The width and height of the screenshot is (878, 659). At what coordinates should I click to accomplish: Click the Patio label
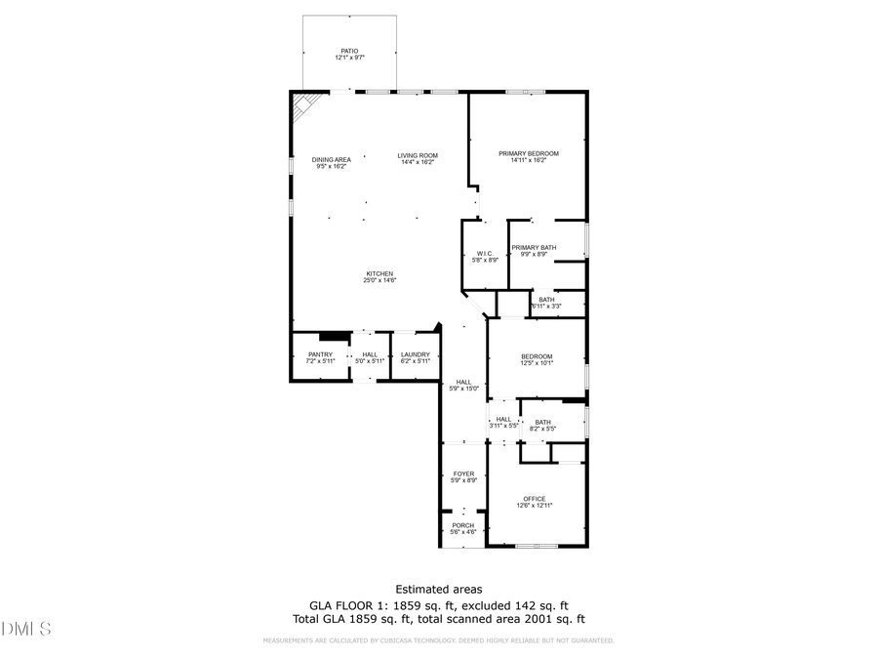pos(349,54)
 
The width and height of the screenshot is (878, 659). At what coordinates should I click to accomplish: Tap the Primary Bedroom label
pos(528,156)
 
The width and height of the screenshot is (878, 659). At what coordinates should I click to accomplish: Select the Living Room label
pos(417,158)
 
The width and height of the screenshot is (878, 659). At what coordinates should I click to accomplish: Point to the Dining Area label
pos(331,162)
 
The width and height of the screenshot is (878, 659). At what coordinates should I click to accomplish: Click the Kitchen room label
pos(379,276)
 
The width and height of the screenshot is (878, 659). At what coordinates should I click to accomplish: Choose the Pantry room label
pos(320,357)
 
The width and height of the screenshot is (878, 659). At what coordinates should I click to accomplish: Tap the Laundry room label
pos(415,357)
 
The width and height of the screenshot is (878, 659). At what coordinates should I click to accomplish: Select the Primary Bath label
pos(534,251)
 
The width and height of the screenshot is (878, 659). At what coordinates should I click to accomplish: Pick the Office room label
pos(534,502)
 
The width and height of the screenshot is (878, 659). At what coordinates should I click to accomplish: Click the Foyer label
pos(463,476)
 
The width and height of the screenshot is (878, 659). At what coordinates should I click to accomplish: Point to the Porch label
pos(463,528)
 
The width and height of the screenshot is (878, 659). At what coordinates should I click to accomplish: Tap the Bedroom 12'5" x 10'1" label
pos(537,359)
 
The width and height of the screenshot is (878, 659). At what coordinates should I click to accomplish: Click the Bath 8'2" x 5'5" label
pos(542,425)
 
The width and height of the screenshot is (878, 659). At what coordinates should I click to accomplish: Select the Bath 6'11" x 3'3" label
pos(546,303)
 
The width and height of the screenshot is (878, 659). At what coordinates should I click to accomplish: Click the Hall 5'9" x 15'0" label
pos(463,385)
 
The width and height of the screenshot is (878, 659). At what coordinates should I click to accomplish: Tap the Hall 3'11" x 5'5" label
pos(503,422)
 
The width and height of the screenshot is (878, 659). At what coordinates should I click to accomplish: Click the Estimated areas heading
pos(438,589)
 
